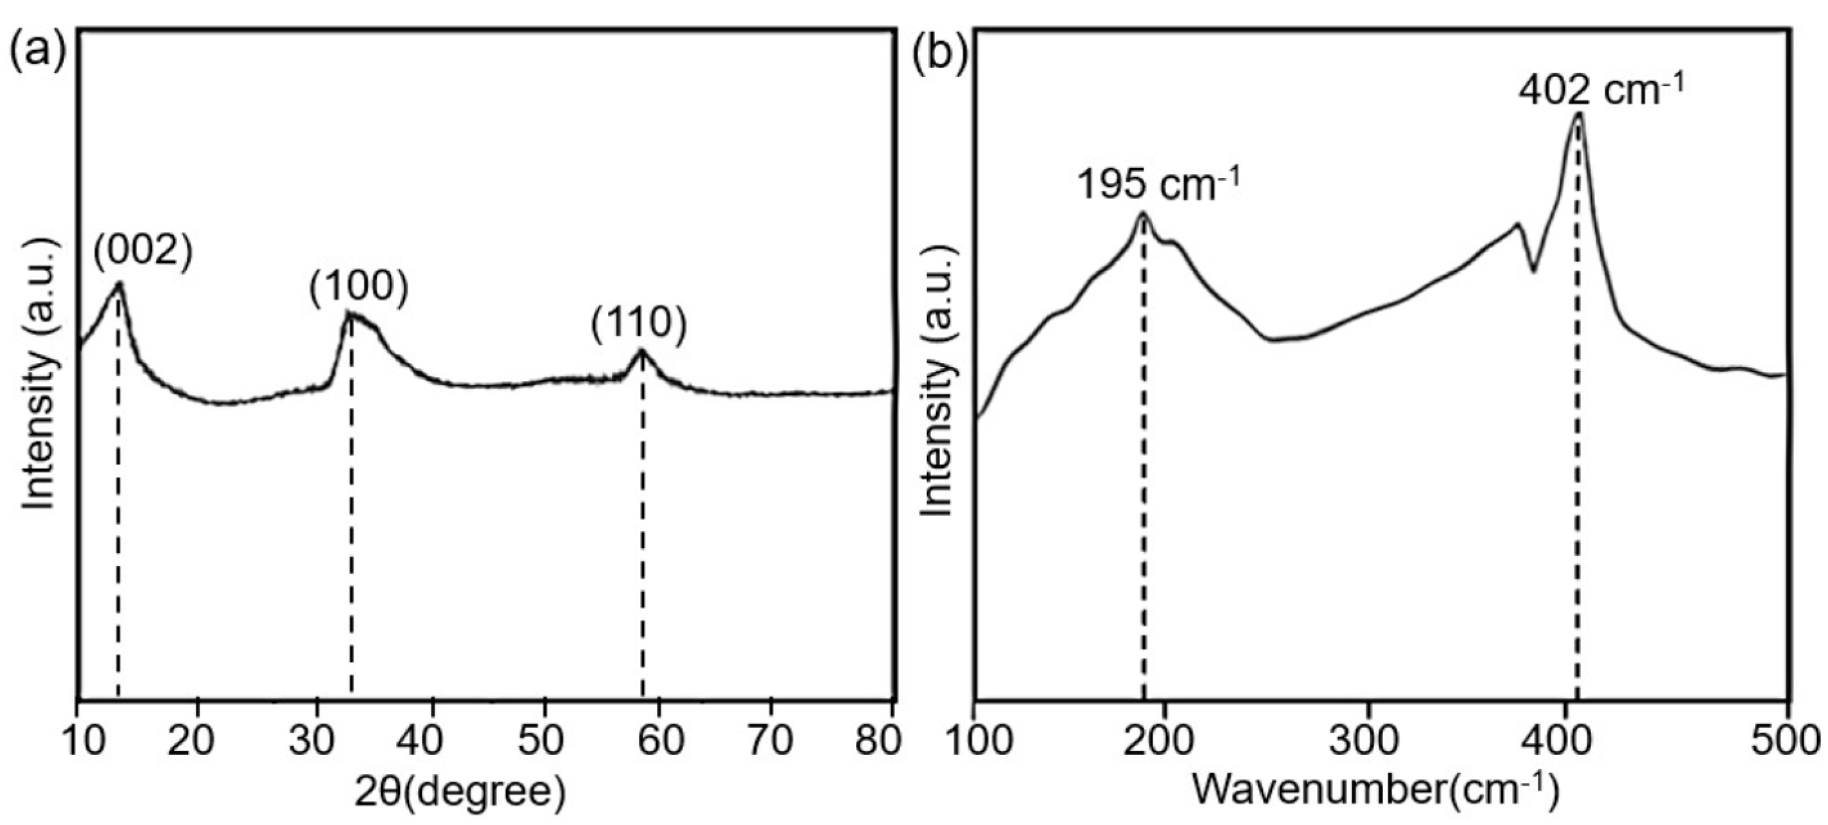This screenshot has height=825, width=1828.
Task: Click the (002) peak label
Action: (143, 250)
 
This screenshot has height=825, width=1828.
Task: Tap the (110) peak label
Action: (639, 324)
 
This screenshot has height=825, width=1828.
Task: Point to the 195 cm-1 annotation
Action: (1158, 184)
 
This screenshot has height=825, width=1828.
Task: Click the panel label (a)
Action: (37, 53)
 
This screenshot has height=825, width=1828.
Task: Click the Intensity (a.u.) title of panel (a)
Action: (39, 373)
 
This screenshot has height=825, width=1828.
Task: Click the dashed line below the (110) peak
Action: (642, 533)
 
